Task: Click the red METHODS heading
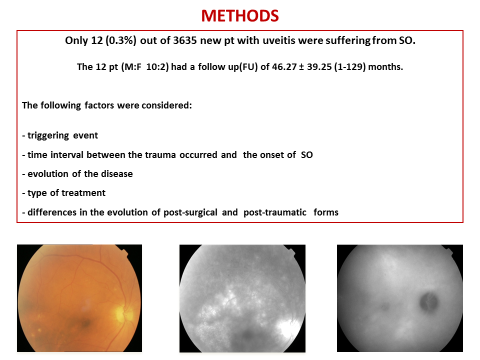point(240,16)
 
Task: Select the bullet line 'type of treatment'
point(67,191)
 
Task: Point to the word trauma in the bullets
point(174,152)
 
